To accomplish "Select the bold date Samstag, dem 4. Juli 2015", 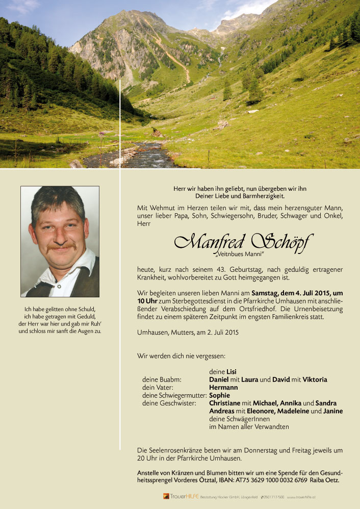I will click(x=292, y=293).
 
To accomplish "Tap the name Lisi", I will click(x=232, y=372).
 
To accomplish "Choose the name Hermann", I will click(x=223, y=388).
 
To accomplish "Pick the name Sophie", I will click(x=220, y=395).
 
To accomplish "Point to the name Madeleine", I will click(x=292, y=411).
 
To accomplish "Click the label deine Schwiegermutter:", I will click(x=174, y=395).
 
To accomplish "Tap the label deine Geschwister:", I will click(x=169, y=403).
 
